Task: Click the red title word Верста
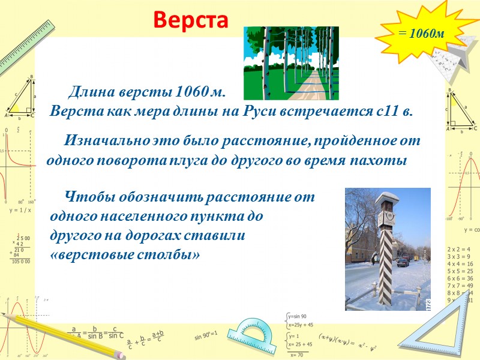[x=191, y=20]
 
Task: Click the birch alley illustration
[x=290, y=62]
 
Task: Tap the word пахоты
[x=378, y=161]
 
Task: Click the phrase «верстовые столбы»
[x=125, y=254]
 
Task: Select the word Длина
[x=89, y=93]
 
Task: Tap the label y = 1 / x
[x=20, y=211]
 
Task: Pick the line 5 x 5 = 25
[x=460, y=271]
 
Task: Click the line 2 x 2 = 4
[x=459, y=248]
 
